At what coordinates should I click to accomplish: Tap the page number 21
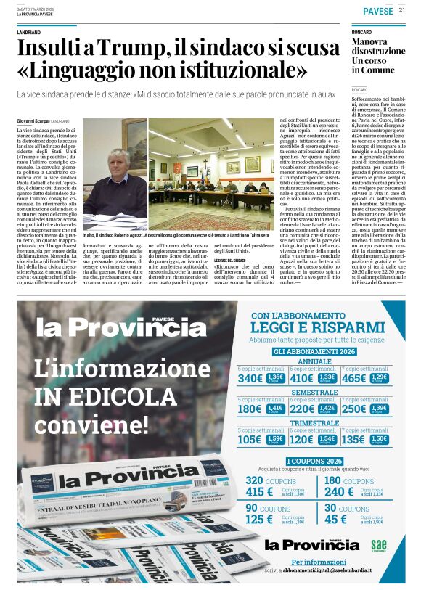(401, 10)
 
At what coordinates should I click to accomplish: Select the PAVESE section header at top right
(377, 11)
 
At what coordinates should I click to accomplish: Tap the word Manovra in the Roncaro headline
(369, 42)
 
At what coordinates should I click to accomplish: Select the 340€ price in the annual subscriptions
(250, 378)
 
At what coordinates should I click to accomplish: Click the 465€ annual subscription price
(354, 378)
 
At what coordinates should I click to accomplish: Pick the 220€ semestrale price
(302, 409)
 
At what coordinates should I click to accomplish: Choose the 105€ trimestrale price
(250, 439)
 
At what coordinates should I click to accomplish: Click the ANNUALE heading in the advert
(314, 361)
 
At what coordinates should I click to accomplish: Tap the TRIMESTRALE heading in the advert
(314, 422)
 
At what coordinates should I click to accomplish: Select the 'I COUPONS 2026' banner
(314, 461)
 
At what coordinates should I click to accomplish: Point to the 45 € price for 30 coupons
(335, 519)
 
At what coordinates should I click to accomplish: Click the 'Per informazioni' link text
(314, 562)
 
